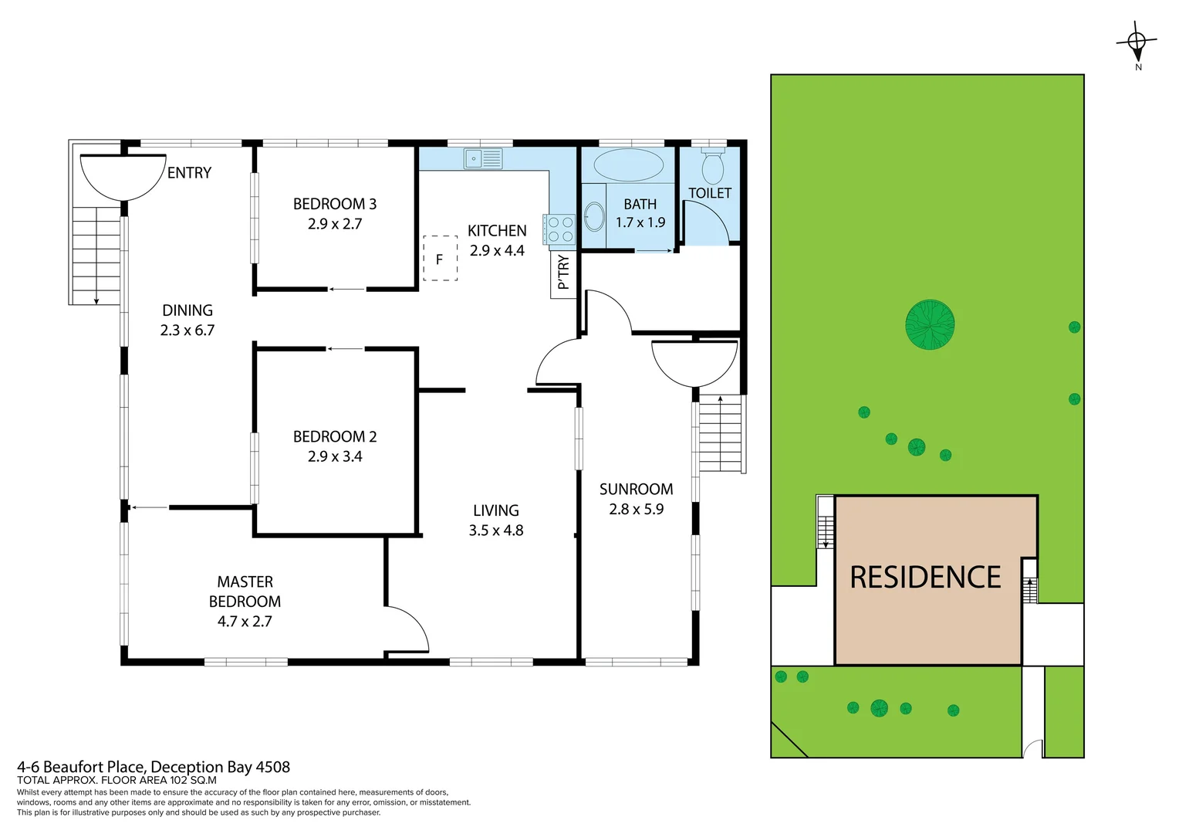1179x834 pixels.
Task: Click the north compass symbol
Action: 1137,43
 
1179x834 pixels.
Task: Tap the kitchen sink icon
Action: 482,158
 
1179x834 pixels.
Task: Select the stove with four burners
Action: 559,229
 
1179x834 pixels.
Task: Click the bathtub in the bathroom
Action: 629,164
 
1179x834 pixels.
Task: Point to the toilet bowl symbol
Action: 712,166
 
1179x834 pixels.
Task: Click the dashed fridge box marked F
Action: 440,259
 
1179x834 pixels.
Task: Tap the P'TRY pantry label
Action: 563,273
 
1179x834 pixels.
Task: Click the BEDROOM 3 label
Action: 334,204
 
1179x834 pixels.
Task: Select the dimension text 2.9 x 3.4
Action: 334,456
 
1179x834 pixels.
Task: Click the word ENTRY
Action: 189,173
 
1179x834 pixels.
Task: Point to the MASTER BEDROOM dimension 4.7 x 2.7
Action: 245,621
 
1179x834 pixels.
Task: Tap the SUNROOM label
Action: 636,489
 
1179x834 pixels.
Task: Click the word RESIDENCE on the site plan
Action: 925,578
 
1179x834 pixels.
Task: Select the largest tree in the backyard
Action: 930,324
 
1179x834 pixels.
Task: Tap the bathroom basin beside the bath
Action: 594,216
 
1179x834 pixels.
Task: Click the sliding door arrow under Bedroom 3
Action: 346,290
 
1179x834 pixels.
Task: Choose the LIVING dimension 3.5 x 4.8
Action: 495,531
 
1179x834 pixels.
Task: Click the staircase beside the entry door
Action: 96,255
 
